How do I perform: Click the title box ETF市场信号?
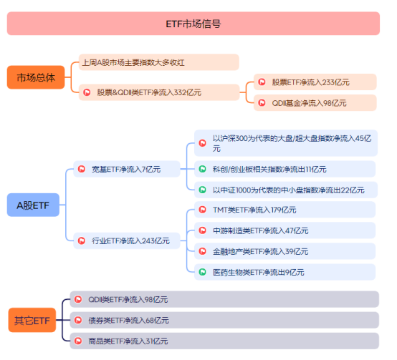(x=193, y=24)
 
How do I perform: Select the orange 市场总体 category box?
(x=35, y=77)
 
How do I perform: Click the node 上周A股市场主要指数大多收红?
(x=158, y=62)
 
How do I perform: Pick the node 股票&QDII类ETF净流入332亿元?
(x=158, y=92)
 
